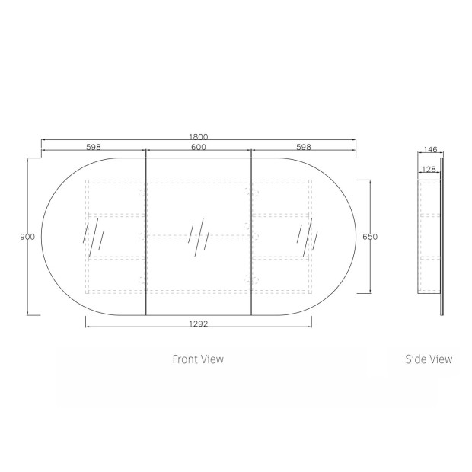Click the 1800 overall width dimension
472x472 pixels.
point(199,137)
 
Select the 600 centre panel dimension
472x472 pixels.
point(199,147)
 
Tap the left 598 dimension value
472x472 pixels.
point(94,147)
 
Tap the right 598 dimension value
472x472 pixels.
point(304,147)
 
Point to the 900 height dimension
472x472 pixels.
point(27,237)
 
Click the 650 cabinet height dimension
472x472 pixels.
point(370,237)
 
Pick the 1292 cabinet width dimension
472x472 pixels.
point(199,324)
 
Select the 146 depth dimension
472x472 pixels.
point(430,150)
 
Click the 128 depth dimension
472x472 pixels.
point(429,170)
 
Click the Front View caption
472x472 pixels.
point(198,359)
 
